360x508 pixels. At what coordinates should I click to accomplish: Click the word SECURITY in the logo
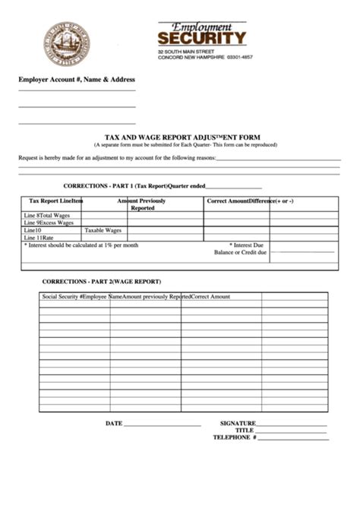(202, 38)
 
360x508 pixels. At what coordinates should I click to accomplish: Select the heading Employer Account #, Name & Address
(77, 79)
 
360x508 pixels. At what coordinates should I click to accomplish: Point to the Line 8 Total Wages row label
(49, 216)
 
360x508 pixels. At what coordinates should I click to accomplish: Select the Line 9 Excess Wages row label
(49, 222)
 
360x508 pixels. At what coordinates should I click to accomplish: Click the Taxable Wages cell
(103, 230)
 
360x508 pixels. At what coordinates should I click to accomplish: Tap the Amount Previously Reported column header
(142, 204)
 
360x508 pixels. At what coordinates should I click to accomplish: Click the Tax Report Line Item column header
(55, 201)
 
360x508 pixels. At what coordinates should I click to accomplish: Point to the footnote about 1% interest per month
(81, 245)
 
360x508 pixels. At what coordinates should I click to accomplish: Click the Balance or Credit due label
(240, 252)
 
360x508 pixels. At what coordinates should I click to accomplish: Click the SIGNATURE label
(238, 423)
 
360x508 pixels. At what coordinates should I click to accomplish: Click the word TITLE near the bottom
(244, 431)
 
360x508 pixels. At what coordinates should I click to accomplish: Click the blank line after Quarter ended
(234, 187)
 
